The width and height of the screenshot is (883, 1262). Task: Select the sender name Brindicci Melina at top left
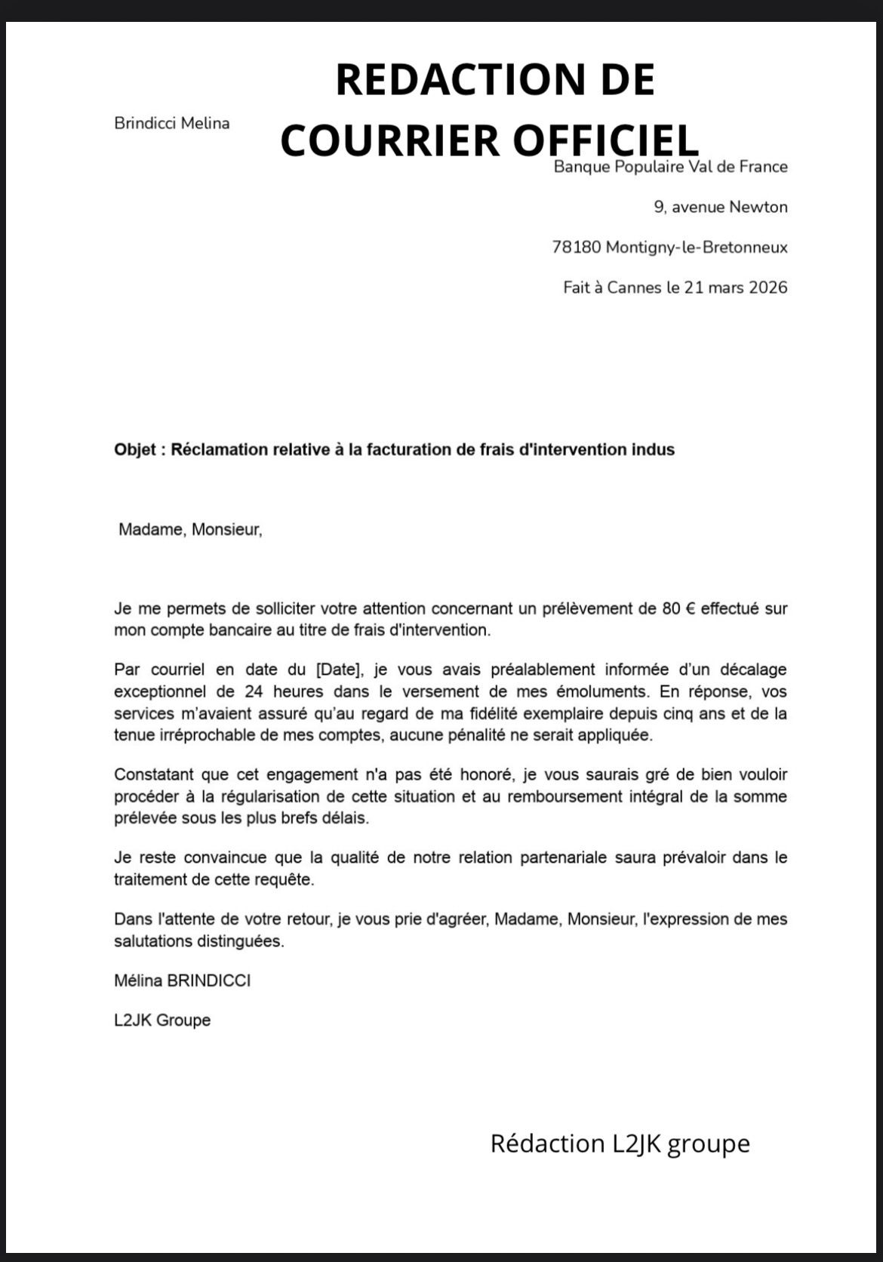(x=172, y=123)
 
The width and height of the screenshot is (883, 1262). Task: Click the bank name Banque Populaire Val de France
(x=670, y=167)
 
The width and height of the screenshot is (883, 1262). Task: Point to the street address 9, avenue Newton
(x=720, y=207)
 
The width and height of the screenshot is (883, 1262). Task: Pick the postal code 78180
(x=576, y=247)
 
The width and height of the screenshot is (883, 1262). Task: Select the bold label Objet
(x=136, y=450)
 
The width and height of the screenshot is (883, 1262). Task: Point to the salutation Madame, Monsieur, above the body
(x=190, y=530)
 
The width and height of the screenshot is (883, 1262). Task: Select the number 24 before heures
(x=254, y=691)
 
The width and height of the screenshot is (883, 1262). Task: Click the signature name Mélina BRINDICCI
(x=182, y=980)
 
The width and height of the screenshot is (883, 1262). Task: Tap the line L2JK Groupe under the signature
(x=162, y=1020)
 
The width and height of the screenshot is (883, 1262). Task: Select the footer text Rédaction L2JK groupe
(x=620, y=1143)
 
